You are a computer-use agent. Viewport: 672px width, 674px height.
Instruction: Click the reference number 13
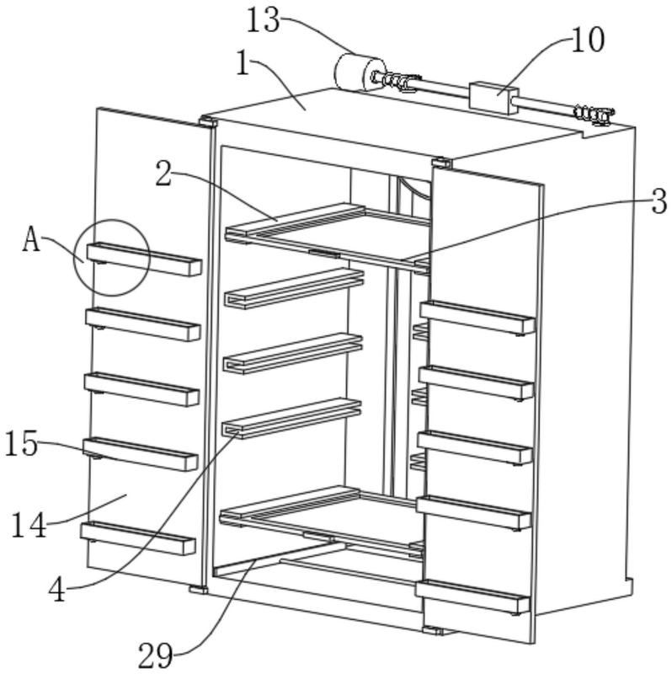(x=263, y=21)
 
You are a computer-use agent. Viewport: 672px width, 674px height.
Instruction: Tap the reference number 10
(x=587, y=40)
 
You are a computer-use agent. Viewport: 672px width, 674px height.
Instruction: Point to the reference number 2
(x=163, y=174)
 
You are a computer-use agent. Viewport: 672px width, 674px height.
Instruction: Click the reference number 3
(x=659, y=201)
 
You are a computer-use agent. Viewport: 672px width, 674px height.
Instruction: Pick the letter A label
(x=31, y=240)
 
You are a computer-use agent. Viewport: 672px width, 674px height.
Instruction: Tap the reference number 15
(x=22, y=443)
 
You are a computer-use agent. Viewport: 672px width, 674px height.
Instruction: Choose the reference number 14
(x=29, y=525)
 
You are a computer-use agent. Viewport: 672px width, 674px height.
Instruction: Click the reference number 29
(x=156, y=656)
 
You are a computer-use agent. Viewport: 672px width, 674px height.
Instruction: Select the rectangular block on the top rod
(x=493, y=98)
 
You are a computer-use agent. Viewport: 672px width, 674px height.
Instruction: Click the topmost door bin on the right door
(x=477, y=318)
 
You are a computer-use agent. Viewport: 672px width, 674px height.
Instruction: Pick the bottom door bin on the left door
(x=138, y=538)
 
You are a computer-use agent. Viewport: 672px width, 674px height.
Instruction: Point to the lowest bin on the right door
(x=472, y=596)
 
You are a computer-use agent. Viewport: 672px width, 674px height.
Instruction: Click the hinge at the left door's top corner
(x=207, y=120)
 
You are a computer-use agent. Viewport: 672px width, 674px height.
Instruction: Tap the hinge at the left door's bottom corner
(x=198, y=589)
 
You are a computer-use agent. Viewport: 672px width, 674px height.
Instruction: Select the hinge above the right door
(x=440, y=163)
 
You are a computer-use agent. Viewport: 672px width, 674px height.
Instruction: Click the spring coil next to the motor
(x=394, y=80)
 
